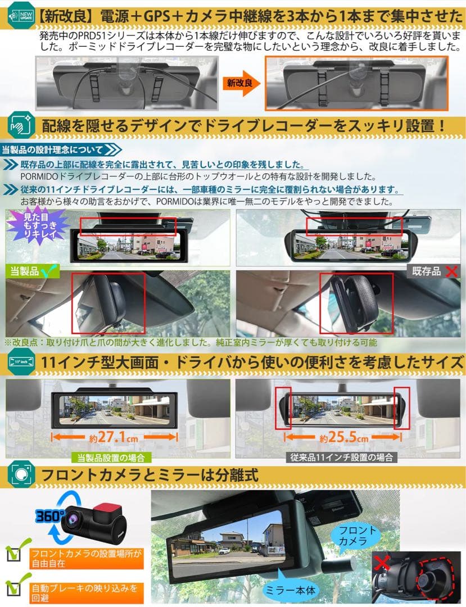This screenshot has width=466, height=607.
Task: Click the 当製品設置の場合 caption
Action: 112,457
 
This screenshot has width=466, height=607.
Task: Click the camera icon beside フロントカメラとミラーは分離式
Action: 20,475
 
